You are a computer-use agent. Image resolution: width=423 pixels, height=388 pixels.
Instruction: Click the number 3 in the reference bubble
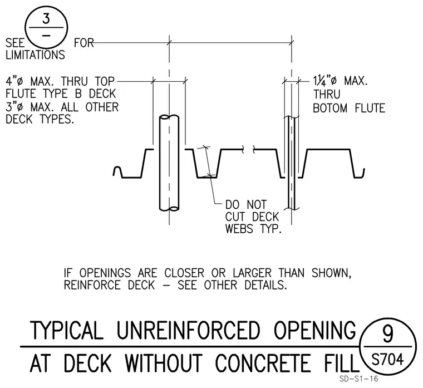pos(46,19)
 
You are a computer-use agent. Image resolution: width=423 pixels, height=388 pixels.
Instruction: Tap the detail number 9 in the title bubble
pos(388,334)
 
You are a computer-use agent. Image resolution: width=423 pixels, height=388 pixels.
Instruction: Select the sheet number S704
pos(388,359)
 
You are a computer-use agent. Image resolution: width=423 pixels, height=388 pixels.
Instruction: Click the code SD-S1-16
pos(359,379)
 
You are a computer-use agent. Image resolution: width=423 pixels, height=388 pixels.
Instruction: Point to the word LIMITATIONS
pos(35,55)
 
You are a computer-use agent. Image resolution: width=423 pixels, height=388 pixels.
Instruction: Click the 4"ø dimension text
pos(15,81)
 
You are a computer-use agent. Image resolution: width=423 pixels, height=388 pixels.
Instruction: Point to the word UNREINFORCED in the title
pos(188,330)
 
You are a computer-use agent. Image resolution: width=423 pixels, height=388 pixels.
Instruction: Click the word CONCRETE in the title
pos(263,363)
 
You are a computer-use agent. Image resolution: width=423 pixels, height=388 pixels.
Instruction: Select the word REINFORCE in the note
pos(92,285)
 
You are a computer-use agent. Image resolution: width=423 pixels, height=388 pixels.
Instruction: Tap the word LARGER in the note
pos(252,273)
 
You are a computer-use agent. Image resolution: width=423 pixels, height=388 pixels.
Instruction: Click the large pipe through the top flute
pos(169,163)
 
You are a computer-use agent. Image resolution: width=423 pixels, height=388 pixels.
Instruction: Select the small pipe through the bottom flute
pos(291,163)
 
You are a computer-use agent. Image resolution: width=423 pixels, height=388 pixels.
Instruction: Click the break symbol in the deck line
pos(248,149)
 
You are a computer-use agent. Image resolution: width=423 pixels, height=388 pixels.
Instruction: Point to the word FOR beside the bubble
pos(83,43)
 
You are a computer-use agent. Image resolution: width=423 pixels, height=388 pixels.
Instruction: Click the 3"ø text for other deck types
pos(15,107)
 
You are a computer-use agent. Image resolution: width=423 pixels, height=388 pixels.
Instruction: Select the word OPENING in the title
pos(315,330)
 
